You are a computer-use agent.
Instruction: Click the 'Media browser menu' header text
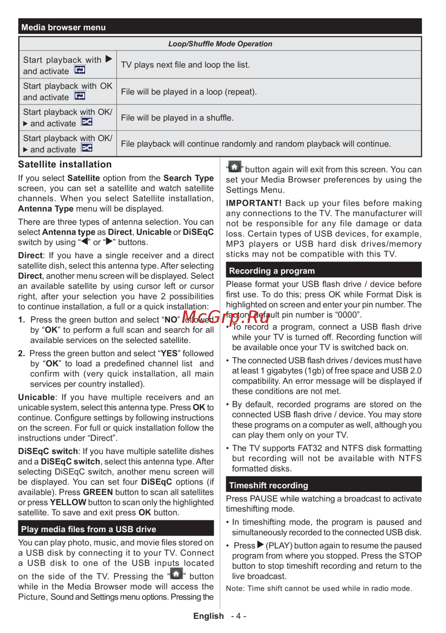click(x=63, y=27)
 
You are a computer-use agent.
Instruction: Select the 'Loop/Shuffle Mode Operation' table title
click(x=220, y=44)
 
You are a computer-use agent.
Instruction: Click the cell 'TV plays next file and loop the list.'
click(x=185, y=65)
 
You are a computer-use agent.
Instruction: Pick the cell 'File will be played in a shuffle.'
click(x=177, y=118)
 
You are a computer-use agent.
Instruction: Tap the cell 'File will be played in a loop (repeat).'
click(x=189, y=92)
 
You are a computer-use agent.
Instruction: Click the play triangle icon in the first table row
click(x=109, y=59)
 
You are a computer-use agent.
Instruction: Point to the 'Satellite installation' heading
click(x=65, y=165)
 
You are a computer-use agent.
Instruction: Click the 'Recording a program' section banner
click(x=272, y=271)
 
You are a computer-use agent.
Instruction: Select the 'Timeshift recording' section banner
click(x=268, y=485)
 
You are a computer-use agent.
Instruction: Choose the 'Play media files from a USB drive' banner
click(x=88, y=529)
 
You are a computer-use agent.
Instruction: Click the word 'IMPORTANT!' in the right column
click(x=253, y=203)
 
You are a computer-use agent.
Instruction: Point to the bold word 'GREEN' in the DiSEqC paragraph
click(x=98, y=492)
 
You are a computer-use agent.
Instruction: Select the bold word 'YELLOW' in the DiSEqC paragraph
click(x=68, y=502)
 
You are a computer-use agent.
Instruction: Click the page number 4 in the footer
click(x=239, y=616)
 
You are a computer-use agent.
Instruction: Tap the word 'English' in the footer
click(x=208, y=616)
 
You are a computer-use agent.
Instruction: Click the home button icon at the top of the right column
click(x=235, y=167)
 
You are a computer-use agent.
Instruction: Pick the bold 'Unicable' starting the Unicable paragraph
click(x=36, y=397)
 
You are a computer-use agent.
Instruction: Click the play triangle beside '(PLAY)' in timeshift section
click(x=261, y=545)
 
